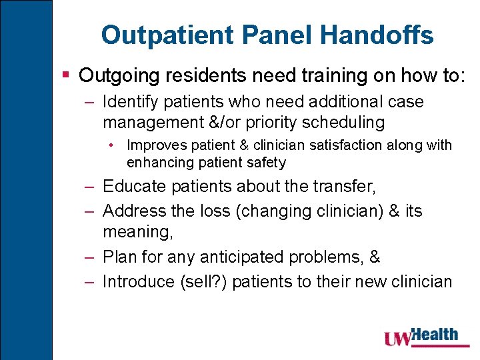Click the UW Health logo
[x=421, y=336]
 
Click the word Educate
[x=130, y=186]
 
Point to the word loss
[x=211, y=211]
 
